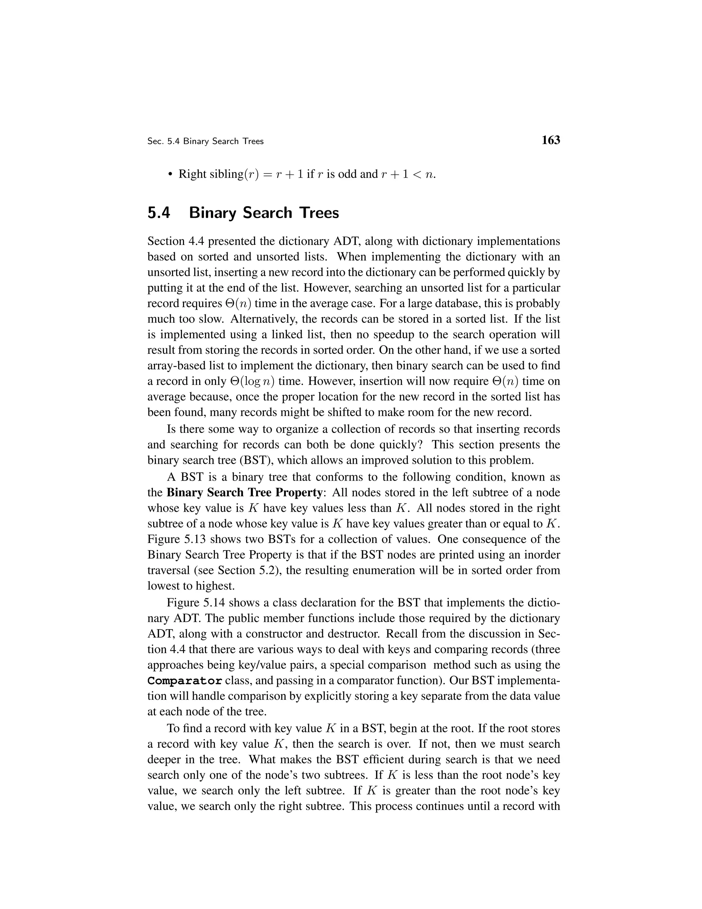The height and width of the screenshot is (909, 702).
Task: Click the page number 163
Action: pyautogui.click(x=550, y=140)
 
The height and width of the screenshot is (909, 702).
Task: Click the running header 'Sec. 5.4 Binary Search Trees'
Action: pyautogui.click(x=205, y=142)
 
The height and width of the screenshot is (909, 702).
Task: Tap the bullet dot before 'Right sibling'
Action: pyautogui.click(x=170, y=174)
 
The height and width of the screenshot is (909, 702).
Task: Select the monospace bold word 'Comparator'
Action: pyautogui.click(x=185, y=681)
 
